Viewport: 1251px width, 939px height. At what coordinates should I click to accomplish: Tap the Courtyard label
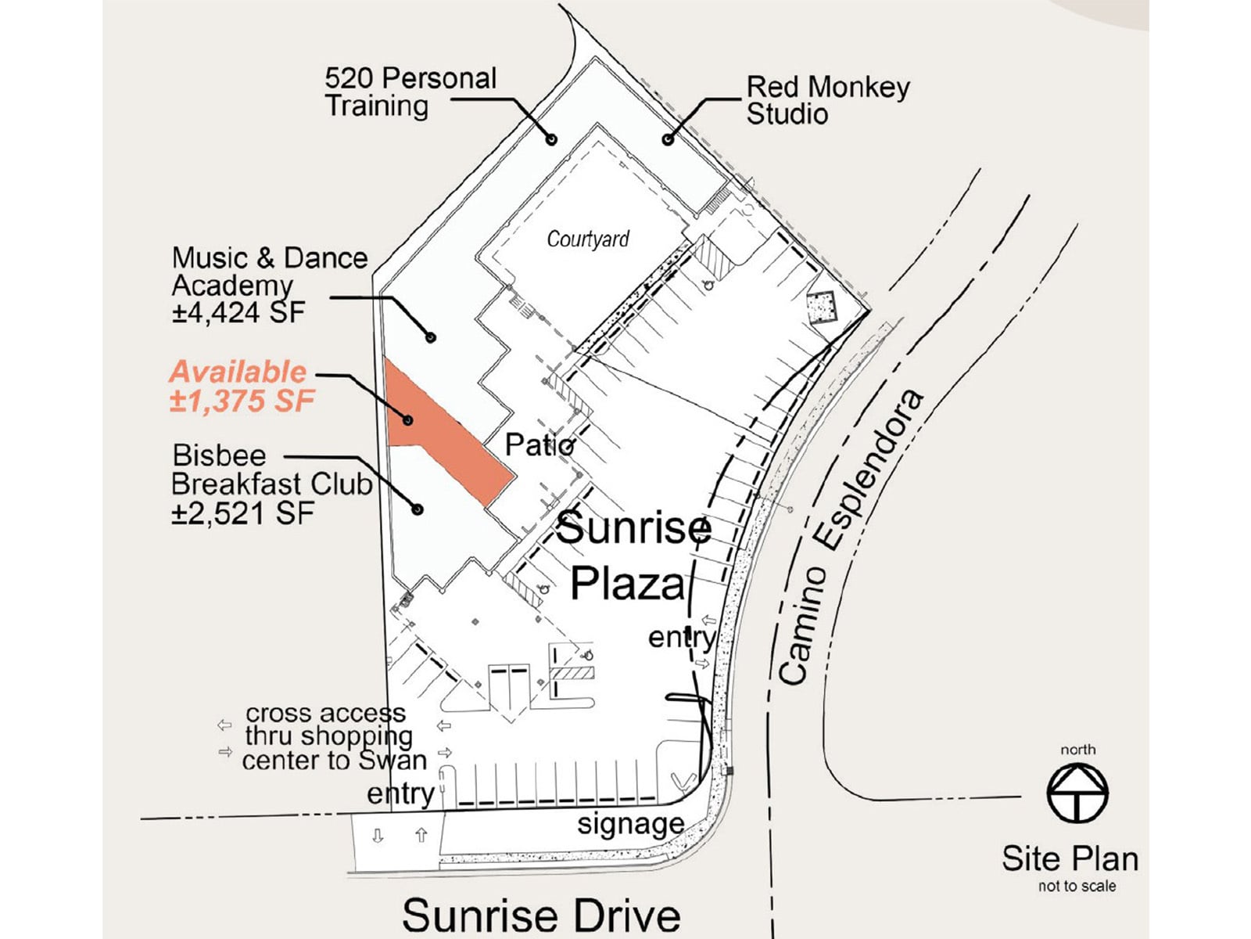(x=587, y=239)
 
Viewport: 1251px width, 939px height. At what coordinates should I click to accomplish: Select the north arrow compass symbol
(x=1077, y=792)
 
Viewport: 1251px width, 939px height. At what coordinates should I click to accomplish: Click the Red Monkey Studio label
(x=827, y=100)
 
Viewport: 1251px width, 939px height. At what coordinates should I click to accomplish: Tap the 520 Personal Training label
(x=410, y=92)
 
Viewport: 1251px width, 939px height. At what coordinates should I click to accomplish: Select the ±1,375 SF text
(x=242, y=401)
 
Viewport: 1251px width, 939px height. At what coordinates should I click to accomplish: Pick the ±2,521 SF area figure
(x=242, y=514)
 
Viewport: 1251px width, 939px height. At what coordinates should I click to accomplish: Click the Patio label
(x=539, y=445)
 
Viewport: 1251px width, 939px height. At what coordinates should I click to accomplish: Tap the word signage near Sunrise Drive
(x=630, y=824)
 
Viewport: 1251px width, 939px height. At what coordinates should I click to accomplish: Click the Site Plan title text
(x=1070, y=858)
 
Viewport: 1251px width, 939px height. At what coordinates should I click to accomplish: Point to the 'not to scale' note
(x=1077, y=886)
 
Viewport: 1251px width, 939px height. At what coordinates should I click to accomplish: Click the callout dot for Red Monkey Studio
(x=667, y=140)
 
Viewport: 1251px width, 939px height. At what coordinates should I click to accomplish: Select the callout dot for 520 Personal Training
(x=551, y=139)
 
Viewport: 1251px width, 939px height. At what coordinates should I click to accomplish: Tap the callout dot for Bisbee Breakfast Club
(x=418, y=509)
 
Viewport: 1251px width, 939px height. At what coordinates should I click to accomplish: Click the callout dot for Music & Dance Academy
(x=430, y=337)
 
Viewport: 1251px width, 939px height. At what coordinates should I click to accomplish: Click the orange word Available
(x=238, y=372)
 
